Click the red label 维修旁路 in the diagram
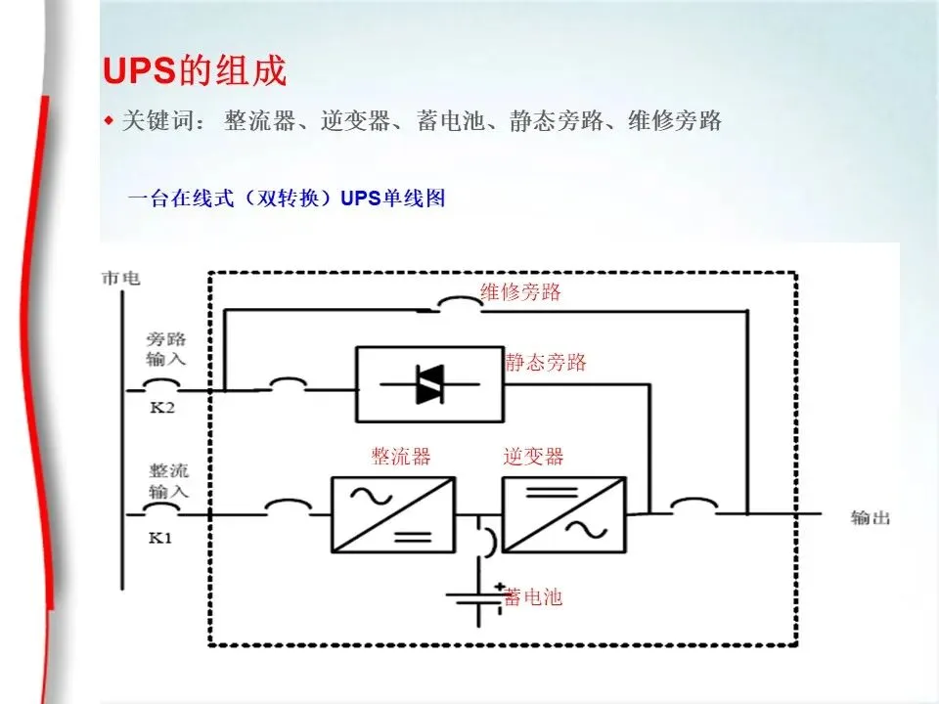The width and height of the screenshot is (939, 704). [x=520, y=292]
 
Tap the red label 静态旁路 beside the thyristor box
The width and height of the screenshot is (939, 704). [x=546, y=363]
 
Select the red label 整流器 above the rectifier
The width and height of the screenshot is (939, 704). [x=400, y=457]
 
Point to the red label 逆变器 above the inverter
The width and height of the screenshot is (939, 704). [x=533, y=457]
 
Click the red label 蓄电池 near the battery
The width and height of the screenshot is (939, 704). [x=534, y=596]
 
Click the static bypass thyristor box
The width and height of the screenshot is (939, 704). [x=429, y=383]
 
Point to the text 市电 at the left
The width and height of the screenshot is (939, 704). [x=120, y=279]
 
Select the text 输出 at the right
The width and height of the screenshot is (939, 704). [x=870, y=517]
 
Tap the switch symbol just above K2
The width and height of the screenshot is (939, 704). [x=164, y=385]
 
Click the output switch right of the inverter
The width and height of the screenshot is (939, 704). [x=693, y=507]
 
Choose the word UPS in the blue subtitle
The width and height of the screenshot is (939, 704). [x=360, y=199]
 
